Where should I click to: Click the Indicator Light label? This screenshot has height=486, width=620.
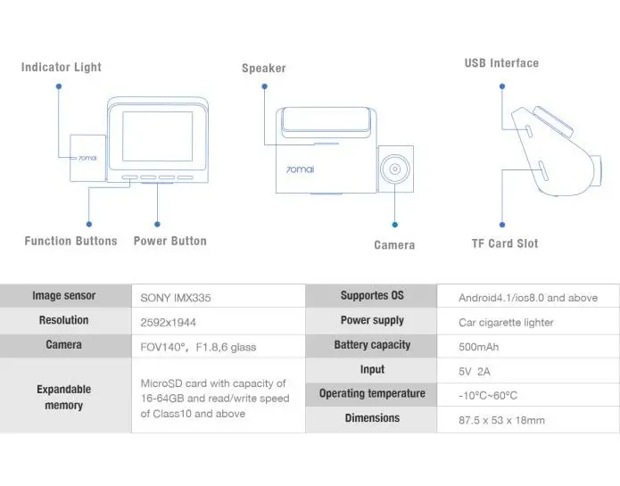pyautogui.click(x=62, y=67)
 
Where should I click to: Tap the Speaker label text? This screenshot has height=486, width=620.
pyautogui.click(x=264, y=68)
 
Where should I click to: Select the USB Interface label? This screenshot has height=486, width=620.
pyautogui.click(x=501, y=63)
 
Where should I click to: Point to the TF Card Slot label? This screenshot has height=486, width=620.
pyautogui.click(x=505, y=243)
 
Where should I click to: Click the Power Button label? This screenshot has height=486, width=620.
pyautogui.click(x=170, y=241)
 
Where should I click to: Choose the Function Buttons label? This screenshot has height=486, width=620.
pyautogui.click(x=70, y=241)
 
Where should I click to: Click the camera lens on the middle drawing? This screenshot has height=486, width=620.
pyautogui.click(x=395, y=169)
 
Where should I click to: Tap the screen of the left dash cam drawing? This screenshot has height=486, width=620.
pyautogui.click(x=157, y=136)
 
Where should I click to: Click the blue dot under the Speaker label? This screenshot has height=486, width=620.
pyautogui.click(x=265, y=86)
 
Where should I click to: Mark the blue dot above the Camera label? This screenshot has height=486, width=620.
pyautogui.click(x=394, y=225)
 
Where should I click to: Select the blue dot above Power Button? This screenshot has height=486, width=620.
pyautogui.click(x=157, y=225)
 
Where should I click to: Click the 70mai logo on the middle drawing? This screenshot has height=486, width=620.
pyautogui.click(x=300, y=169)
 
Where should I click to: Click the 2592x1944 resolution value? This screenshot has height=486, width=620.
pyautogui.click(x=168, y=323)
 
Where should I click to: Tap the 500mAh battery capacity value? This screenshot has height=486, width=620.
pyautogui.click(x=478, y=347)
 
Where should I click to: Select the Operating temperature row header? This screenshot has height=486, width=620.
pyautogui.click(x=372, y=393)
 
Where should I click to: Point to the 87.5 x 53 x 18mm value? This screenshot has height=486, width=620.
pyautogui.click(x=501, y=420)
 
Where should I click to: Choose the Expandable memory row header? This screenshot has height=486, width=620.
pyautogui.click(x=63, y=397)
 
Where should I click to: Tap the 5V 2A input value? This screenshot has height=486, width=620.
pyautogui.click(x=474, y=372)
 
